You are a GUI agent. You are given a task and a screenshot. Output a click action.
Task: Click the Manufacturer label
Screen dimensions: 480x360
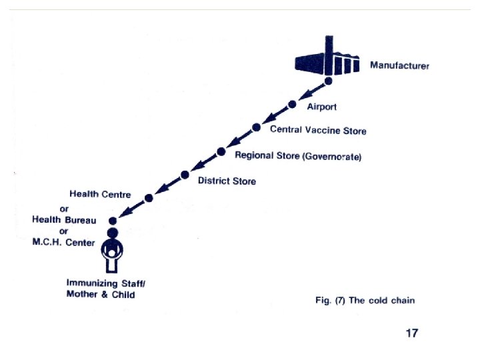[x=400, y=65]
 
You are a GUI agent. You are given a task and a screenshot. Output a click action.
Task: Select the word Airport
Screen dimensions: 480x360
[x=321, y=107]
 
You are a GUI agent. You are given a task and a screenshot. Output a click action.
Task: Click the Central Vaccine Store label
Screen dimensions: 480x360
[x=318, y=131]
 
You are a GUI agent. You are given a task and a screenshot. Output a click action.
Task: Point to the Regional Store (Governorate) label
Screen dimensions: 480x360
[x=299, y=156]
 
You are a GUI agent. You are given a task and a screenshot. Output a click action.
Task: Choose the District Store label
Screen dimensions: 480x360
[x=227, y=181]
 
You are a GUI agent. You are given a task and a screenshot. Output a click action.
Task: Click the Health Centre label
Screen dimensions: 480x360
[x=101, y=194]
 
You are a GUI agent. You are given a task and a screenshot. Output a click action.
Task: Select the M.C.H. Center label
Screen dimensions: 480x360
[x=64, y=243]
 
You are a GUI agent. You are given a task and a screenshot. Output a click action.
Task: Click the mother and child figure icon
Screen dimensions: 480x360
[x=113, y=251]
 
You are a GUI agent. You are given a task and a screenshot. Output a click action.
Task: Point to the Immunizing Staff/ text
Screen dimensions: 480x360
[x=106, y=283]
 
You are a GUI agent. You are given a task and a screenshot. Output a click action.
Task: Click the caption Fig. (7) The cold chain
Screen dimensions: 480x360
[x=365, y=301]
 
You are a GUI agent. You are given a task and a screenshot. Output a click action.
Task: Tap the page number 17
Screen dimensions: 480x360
[x=413, y=333]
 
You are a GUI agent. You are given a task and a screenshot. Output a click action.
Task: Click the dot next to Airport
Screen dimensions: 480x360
[x=292, y=104]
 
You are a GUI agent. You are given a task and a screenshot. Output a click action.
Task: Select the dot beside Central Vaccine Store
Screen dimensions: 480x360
[x=256, y=127]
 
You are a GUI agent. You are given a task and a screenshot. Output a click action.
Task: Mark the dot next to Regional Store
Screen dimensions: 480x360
[x=221, y=151]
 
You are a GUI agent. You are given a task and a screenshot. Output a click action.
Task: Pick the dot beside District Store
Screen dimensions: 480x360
[x=185, y=175]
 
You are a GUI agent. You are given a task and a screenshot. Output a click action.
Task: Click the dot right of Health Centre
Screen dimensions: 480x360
[x=149, y=198]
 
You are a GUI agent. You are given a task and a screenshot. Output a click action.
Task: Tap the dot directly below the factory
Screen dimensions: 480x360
[x=328, y=81]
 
